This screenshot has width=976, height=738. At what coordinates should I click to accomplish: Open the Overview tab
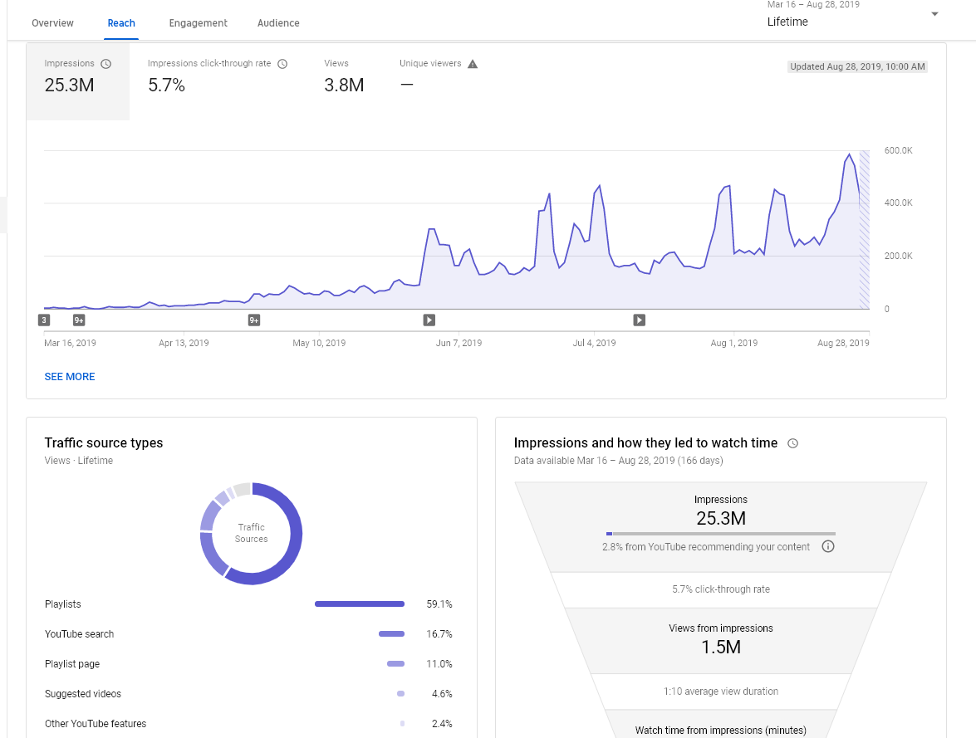click(52, 23)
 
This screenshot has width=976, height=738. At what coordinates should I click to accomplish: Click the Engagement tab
click(198, 23)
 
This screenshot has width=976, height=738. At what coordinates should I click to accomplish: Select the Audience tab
click(278, 23)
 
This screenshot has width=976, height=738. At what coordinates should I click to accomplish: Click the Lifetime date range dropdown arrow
click(934, 14)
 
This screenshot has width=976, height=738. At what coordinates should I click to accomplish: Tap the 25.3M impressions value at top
click(69, 86)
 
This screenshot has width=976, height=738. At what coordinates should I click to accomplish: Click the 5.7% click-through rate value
click(166, 86)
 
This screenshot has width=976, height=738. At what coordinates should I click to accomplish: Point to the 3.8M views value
click(344, 86)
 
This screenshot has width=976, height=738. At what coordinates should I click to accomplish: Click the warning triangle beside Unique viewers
click(473, 64)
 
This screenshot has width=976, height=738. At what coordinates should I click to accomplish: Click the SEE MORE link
click(70, 376)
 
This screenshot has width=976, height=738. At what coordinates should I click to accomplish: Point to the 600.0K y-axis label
click(898, 150)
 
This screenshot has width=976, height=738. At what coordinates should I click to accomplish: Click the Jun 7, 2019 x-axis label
click(459, 343)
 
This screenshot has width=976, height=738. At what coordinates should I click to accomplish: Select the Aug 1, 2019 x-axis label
click(733, 343)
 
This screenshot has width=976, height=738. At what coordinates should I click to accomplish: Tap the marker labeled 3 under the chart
click(43, 320)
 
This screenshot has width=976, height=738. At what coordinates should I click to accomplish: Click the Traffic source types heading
click(103, 443)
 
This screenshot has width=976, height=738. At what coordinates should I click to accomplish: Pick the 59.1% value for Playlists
click(439, 604)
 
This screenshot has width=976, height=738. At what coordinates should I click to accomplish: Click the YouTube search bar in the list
click(391, 634)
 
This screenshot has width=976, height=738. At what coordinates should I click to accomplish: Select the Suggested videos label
click(83, 694)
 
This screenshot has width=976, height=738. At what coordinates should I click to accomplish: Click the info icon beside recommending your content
click(828, 546)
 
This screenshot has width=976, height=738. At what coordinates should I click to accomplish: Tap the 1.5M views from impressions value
click(721, 648)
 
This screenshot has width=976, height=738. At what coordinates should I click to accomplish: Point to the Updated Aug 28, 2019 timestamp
click(857, 66)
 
